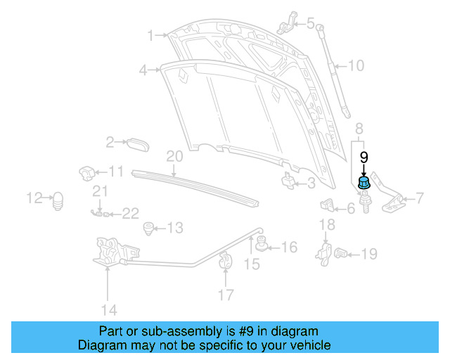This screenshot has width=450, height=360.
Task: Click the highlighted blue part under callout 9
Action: (x=364, y=184)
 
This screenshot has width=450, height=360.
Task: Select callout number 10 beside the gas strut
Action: (x=356, y=67)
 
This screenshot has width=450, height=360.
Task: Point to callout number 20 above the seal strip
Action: (x=174, y=156)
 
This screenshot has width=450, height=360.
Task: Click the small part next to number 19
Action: (x=342, y=253)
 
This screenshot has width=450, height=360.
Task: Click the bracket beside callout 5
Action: (x=285, y=24)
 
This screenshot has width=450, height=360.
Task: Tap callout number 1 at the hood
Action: (x=150, y=34)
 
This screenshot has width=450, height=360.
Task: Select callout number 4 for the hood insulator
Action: (x=143, y=70)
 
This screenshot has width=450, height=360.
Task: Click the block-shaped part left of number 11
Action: (x=87, y=172)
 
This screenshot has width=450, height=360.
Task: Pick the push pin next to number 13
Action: (x=148, y=228)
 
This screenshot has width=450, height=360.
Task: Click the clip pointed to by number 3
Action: (x=289, y=182)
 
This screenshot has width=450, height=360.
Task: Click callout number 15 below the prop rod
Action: (x=251, y=264)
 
